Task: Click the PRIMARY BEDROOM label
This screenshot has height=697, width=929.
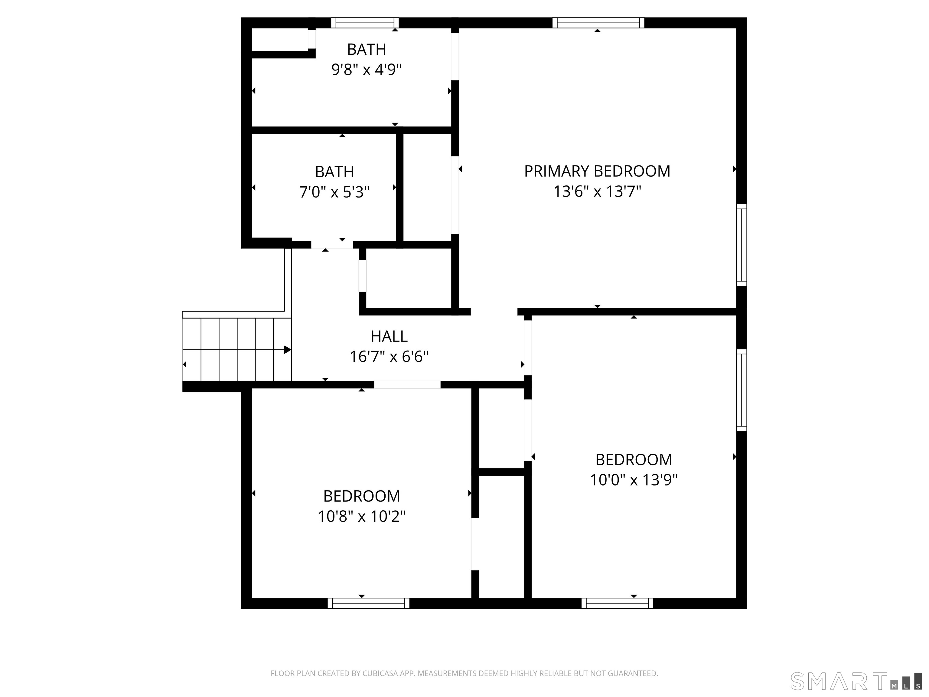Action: [x=597, y=172]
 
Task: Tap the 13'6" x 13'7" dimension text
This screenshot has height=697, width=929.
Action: [x=597, y=191]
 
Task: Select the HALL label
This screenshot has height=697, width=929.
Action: [x=389, y=336]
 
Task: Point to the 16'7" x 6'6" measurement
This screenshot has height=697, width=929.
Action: [x=389, y=357]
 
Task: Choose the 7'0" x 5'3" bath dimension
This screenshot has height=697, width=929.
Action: [x=334, y=192]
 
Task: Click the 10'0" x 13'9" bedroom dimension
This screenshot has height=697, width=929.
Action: [x=633, y=480]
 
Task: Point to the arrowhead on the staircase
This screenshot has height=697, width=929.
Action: [x=288, y=349]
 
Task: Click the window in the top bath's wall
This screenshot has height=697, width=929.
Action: [x=364, y=23]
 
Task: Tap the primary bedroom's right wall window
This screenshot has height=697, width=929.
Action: [x=742, y=245]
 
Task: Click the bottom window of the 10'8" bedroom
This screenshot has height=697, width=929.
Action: [x=368, y=603]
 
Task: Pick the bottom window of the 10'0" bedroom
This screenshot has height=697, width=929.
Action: [x=617, y=603]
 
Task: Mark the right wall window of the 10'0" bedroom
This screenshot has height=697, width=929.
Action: [x=742, y=390]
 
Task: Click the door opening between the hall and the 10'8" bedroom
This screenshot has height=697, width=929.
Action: [x=407, y=384]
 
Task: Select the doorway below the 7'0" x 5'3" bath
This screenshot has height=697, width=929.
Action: [x=332, y=245]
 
